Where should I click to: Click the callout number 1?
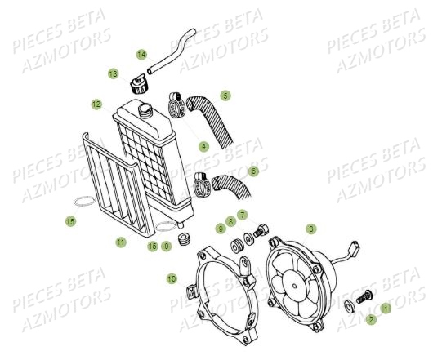point(386,309)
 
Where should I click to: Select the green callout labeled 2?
point(370,319)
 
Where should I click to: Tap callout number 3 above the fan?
point(311,229)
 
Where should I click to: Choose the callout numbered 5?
point(225,96)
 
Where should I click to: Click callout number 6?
point(253,171)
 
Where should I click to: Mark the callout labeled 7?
point(242,212)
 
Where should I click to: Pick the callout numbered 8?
point(231,220)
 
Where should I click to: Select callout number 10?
point(171,279)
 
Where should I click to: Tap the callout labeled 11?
point(120,242)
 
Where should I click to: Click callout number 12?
point(96,104)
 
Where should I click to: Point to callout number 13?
point(113,73)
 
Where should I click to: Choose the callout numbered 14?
point(141,54)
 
